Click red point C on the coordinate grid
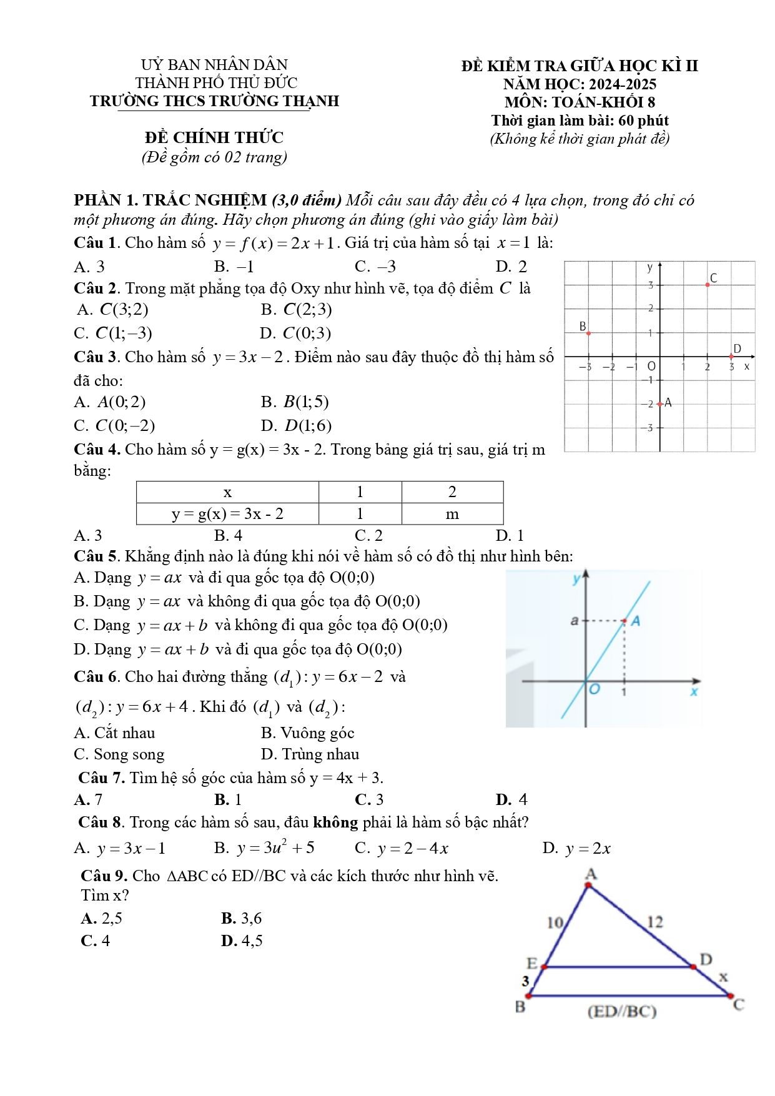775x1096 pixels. (x=708, y=284)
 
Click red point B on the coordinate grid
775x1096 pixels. (x=588, y=333)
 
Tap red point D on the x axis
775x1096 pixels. (x=731, y=357)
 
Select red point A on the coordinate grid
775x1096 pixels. (x=660, y=404)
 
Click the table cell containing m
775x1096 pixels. (x=452, y=514)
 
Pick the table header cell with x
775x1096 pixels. (x=227, y=492)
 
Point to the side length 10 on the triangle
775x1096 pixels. (x=555, y=922)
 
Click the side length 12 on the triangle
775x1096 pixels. (x=654, y=922)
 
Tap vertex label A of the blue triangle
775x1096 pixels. (x=590, y=874)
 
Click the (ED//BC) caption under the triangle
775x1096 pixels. (x=622, y=1011)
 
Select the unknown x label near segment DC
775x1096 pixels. (x=723, y=977)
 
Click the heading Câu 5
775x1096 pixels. (x=96, y=556)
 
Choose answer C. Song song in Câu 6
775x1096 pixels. (x=119, y=754)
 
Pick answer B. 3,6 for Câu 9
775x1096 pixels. (x=242, y=918)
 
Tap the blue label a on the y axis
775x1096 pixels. (x=574, y=621)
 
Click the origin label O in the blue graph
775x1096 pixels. (x=594, y=689)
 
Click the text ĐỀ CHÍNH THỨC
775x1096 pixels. (x=214, y=137)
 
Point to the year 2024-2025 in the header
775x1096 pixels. (x=623, y=84)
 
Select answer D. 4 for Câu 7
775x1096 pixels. (x=511, y=799)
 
